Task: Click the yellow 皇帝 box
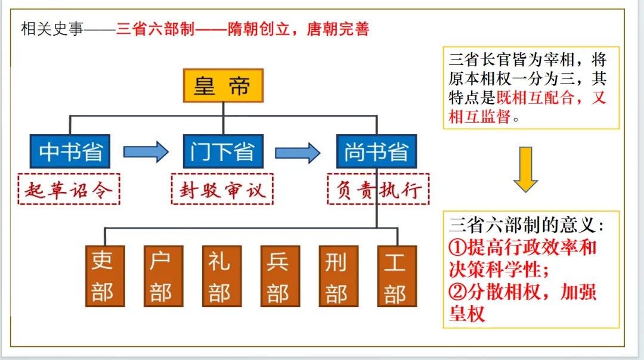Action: [x=222, y=86]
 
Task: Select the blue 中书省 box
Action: [x=70, y=151]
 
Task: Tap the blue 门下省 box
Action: [x=222, y=151]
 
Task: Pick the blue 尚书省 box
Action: [x=376, y=151]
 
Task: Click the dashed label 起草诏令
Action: [x=69, y=190]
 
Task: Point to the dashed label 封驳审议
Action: [x=222, y=190]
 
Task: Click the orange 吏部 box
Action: [x=104, y=276]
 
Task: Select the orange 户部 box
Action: [x=163, y=276]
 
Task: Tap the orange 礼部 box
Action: [x=221, y=276]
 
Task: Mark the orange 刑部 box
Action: [x=338, y=276]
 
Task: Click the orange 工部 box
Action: [x=397, y=276]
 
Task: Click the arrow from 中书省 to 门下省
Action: [x=145, y=152]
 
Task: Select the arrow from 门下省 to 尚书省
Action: [x=298, y=152]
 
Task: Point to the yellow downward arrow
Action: [x=525, y=170]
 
